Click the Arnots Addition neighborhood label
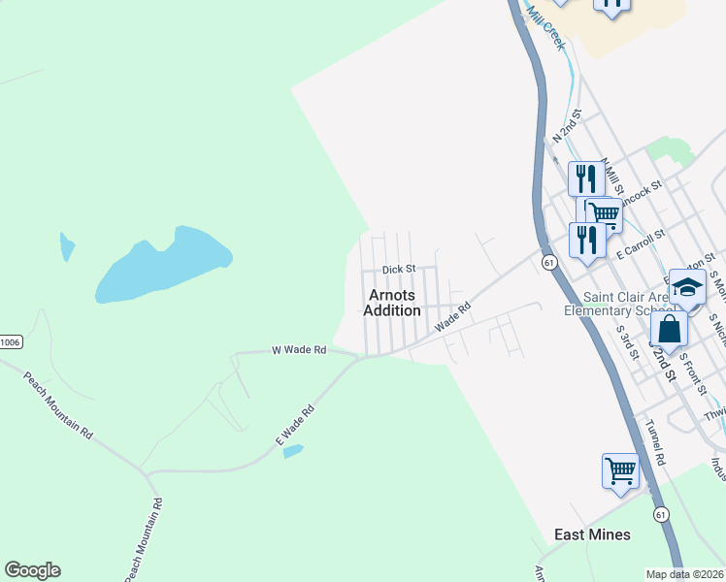[392, 303]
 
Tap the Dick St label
[398, 269]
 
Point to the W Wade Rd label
[299, 349]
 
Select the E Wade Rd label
[295, 424]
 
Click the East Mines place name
[592, 534]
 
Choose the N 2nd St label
[566, 127]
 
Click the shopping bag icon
[669, 328]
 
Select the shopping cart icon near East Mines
[620, 471]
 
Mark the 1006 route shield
[10, 341]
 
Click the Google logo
[32, 570]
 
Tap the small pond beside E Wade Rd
[292, 451]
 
